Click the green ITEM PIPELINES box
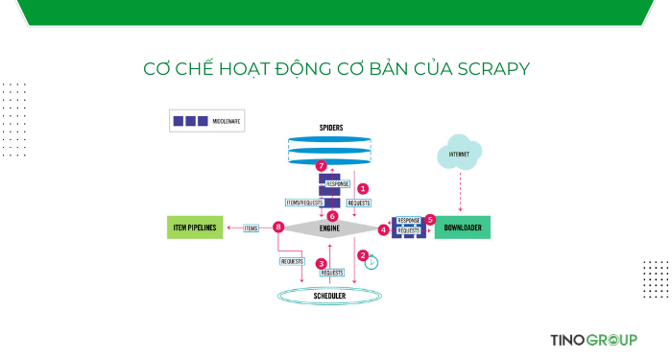pyautogui.click(x=195, y=228)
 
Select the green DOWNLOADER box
pyautogui.click(x=463, y=228)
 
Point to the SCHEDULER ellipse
pyautogui.click(x=330, y=297)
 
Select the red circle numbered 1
pyautogui.click(x=363, y=188)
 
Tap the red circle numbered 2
pyautogui.click(x=363, y=255)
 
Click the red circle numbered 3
pyautogui.click(x=322, y=263)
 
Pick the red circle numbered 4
pyautogui.click(x=384, y=229)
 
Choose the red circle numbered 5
pyautogui.click(x=430, y=219)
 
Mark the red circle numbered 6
pyautogui.click(x=332, y=216)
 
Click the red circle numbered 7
pyautogui.click(x=322, y=166)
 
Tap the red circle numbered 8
pyautogui.click(x=278, y=228)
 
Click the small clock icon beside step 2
pyautogui.click(x=372, y=262)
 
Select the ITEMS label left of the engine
pyautogui.click(x=252, y=228)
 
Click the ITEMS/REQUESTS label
pyautogui.click(x=303, y=203)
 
